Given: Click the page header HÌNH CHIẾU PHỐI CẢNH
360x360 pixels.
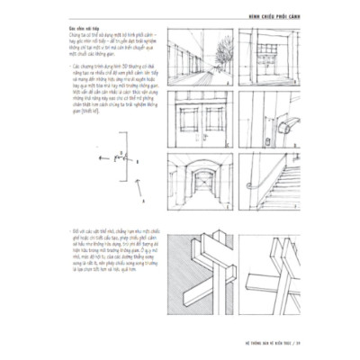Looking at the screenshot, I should pyautogui.click(x=302, y=12).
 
